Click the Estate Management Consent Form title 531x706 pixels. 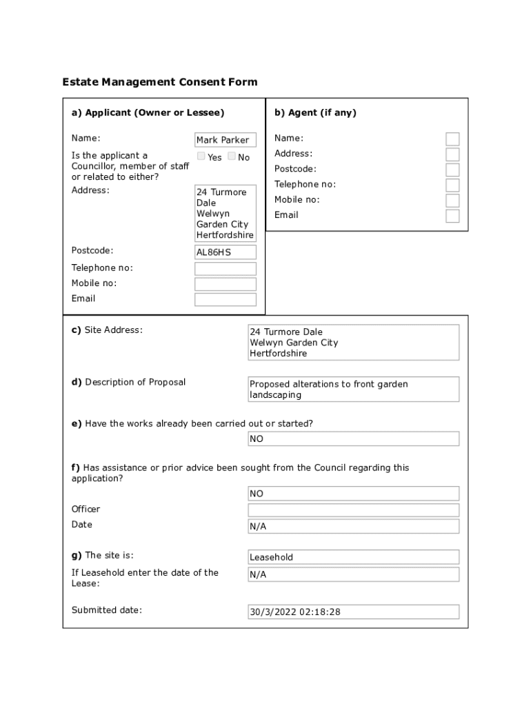[x=160, y=82]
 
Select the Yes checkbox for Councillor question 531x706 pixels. [x=201, y=157]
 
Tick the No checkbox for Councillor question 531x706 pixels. [x=232, y=157]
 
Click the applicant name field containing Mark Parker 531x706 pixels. [x=226, y=140]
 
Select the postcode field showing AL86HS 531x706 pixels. [x=226, y=252]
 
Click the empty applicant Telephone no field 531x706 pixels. [x=226, y=269]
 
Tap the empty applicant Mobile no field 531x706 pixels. [x=226, y=284]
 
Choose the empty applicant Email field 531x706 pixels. [x=226, y=299]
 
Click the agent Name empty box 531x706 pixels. [x=452, y=139]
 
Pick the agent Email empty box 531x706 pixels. [x=452, y=216]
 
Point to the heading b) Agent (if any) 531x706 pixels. [x=315, y=112]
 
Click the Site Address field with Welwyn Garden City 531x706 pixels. [x=353, y=343]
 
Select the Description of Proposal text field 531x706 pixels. [x=353, y=390]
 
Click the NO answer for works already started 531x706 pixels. [x=353, y=439]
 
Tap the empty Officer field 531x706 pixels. [x=353, y=510]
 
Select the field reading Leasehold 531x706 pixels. [x=353, y=557]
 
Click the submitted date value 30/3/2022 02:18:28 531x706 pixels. [x=353, y=612]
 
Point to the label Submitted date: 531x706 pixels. [x=107, y=610]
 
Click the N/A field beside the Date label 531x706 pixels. [x=353, y=527]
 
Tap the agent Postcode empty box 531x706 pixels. [x=452, y=170]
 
